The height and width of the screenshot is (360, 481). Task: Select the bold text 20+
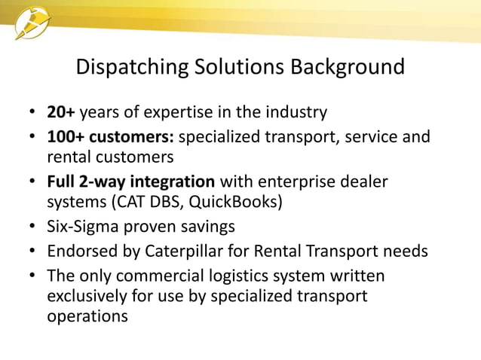click(61, 113)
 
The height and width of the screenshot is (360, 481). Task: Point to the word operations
click(87, 317)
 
